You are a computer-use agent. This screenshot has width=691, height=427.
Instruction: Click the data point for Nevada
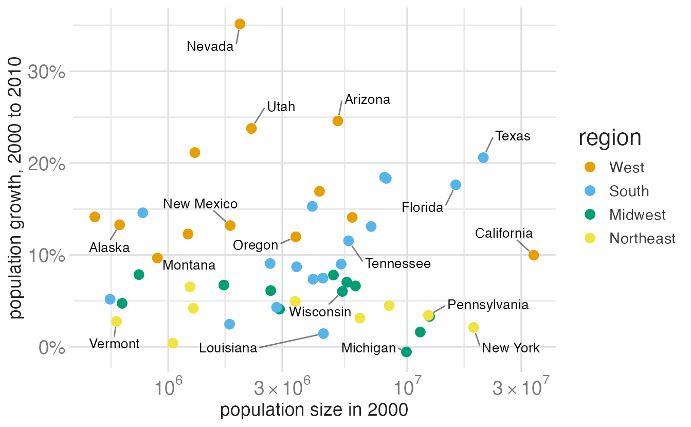(x=240, y=24)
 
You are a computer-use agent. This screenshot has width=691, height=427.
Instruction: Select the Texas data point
(x=483, y=158)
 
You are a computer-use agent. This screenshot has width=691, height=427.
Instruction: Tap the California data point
(x=533, y=255)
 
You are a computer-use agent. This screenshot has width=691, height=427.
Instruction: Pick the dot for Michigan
(x=406, y=352)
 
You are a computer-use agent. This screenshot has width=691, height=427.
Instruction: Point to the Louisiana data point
(x=323, y=333)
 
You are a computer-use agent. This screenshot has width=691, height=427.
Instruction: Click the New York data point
(x=474, y=327)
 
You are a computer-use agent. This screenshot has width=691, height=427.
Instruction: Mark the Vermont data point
(x=116, y=322)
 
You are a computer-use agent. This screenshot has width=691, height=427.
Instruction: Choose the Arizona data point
(x=338, y=121)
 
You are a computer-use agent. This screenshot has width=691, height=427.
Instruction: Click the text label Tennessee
(x=398, y=264)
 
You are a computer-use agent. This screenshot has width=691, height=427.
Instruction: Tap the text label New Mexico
(x=200, y=204)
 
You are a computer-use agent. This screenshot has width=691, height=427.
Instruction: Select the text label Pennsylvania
(x=488, y=305)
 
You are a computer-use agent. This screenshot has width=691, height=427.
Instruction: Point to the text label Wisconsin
(x=320, y=312)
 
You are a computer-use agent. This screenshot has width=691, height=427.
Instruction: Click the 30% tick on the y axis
(x=46, y=72)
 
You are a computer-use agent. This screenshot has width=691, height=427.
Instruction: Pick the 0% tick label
(x=52, y=348)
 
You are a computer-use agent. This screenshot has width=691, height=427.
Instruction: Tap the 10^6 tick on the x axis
(x=168, y=386)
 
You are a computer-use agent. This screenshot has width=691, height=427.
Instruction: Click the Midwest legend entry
(x=625, y=215)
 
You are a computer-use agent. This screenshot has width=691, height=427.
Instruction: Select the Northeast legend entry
(x=630, y=238)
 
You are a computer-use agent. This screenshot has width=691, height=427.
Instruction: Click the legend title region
(x=610, y=138)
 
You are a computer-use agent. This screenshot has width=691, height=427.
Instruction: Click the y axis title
(x=15, y=188)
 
